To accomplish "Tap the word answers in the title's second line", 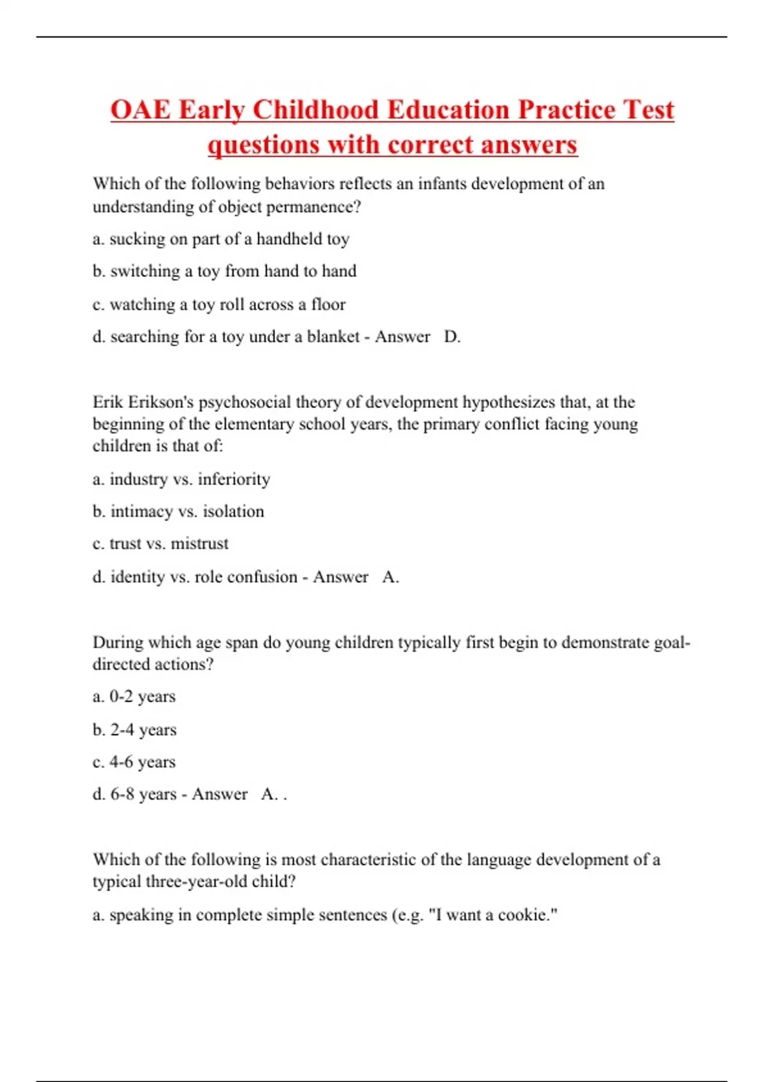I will (529, 145).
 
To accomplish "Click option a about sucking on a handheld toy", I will (221, 239).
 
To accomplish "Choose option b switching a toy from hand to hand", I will (224, 271).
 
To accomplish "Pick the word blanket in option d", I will (333, 337).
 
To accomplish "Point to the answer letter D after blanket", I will (451, 337).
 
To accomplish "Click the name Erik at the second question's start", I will (108, 402).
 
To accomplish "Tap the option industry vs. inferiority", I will (181, 479).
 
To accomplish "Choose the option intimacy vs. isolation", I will (178, 512).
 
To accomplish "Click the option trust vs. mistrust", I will (160, 544).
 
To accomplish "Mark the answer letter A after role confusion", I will (388, 577).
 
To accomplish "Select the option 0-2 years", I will (134, 697).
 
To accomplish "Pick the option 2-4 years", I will (134, 730).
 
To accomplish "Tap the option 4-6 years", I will (134, 762).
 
